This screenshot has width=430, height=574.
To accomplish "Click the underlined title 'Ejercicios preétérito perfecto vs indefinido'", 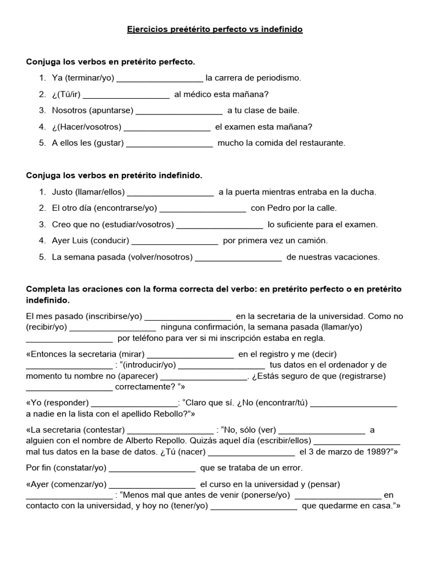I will pos(214,29).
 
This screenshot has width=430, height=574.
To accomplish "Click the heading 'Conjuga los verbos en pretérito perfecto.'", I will pos(111,61).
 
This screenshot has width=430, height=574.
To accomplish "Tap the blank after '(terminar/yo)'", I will pos(160,78).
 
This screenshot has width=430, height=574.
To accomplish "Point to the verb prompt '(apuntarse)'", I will pos(110,110).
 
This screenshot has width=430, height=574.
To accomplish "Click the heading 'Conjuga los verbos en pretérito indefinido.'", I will pos(114,175).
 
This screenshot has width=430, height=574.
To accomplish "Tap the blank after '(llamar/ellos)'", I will pos(170,192).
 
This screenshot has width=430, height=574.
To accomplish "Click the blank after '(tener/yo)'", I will pos(254,506).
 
